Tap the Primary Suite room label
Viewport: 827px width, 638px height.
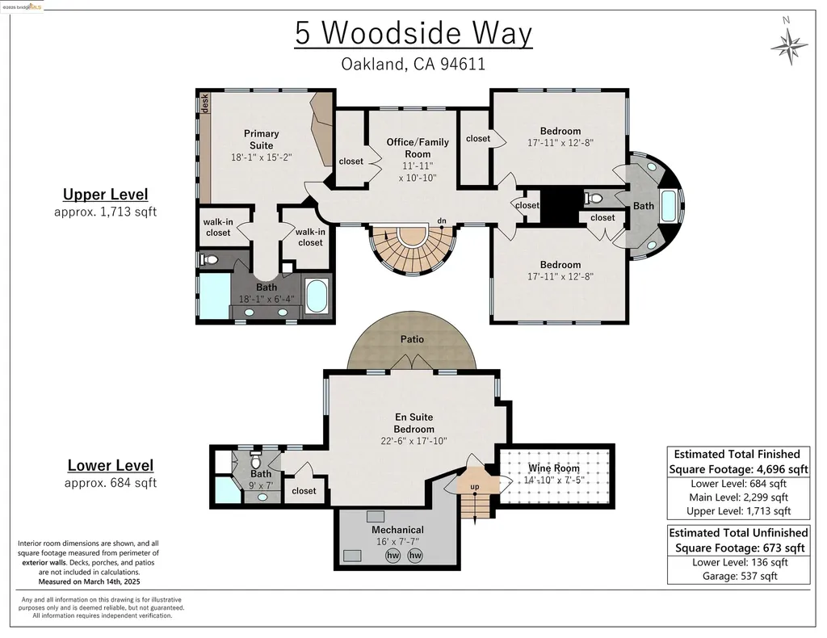262,140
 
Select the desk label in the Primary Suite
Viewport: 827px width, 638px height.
205,103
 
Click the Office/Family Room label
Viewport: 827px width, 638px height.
418,148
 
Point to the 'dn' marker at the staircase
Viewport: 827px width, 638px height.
442,220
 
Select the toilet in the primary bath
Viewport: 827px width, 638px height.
208,260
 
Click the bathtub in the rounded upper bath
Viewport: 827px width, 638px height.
670,206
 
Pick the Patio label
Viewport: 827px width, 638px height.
412,339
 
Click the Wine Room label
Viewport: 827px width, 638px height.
554,468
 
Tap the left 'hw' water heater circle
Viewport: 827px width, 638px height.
393,556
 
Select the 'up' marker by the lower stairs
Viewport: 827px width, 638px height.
474,487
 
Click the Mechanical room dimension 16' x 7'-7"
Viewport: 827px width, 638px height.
397,542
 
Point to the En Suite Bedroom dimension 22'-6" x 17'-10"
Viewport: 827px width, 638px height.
414,441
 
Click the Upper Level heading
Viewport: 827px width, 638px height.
106,195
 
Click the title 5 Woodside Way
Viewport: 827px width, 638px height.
413,34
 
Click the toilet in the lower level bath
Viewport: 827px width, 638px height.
256,462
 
